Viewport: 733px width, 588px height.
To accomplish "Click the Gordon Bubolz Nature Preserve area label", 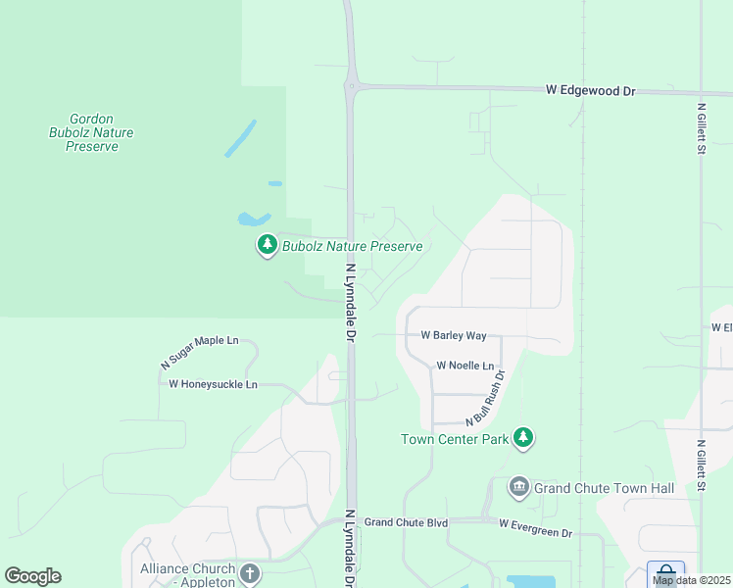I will point(92,132).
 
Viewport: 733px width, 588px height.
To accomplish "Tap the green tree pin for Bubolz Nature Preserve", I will point(268,246).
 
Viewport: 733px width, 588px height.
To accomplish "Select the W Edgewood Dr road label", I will point(591,90).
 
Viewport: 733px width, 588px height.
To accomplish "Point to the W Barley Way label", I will point(453,335).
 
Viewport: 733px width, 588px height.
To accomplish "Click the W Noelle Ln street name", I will point(465,366).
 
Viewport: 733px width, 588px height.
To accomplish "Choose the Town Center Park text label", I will point(455,439).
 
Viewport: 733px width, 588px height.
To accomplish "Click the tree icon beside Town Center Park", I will point(524,438).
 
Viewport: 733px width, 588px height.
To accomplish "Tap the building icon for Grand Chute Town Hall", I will point(518,487).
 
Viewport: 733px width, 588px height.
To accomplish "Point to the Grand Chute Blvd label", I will point(406,523).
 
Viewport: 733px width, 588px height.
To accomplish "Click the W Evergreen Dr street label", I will point(535,532).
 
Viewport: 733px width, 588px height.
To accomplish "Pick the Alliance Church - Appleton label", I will point(187,575).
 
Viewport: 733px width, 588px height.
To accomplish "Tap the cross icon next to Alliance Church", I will point(250,572).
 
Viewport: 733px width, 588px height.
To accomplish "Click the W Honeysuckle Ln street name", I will point(213,385).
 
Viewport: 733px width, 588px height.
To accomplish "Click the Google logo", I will point(32,576).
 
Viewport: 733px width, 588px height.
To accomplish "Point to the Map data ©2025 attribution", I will point(691,580).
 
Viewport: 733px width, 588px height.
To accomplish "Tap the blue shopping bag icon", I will point(665,572).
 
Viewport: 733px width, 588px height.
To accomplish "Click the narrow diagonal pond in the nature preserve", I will point(240,138).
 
